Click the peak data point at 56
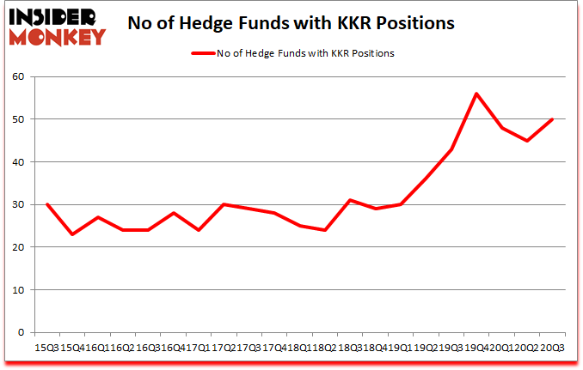476,94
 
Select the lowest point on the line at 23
73,234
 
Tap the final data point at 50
551,119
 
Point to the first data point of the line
48,204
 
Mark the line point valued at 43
451,149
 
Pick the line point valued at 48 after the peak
500,128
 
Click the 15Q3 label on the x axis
46,349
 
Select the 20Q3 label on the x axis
551,349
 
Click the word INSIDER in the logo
53,17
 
